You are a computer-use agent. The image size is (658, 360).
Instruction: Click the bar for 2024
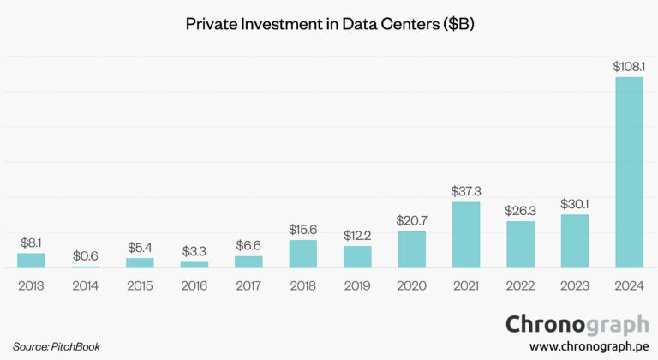(629, 172)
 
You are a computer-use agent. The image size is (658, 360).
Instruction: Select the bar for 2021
(466, 235)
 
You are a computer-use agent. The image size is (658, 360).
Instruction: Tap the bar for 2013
(31, 260)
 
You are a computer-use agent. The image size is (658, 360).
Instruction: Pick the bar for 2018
(303, 254)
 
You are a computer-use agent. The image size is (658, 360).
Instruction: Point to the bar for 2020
(411, 249)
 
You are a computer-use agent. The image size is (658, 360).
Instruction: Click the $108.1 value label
(629, 66)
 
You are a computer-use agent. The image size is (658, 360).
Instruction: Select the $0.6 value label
(86, 255)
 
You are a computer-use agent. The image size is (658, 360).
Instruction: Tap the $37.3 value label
(466, 191)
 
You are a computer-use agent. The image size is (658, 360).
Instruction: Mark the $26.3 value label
(520, 210)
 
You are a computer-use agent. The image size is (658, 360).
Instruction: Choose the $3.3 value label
(194, 251)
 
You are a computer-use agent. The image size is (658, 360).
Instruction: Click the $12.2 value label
(357, 235)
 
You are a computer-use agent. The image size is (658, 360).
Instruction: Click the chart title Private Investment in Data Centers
(330, 25)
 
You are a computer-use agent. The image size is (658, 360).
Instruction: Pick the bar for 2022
(520, 244)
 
